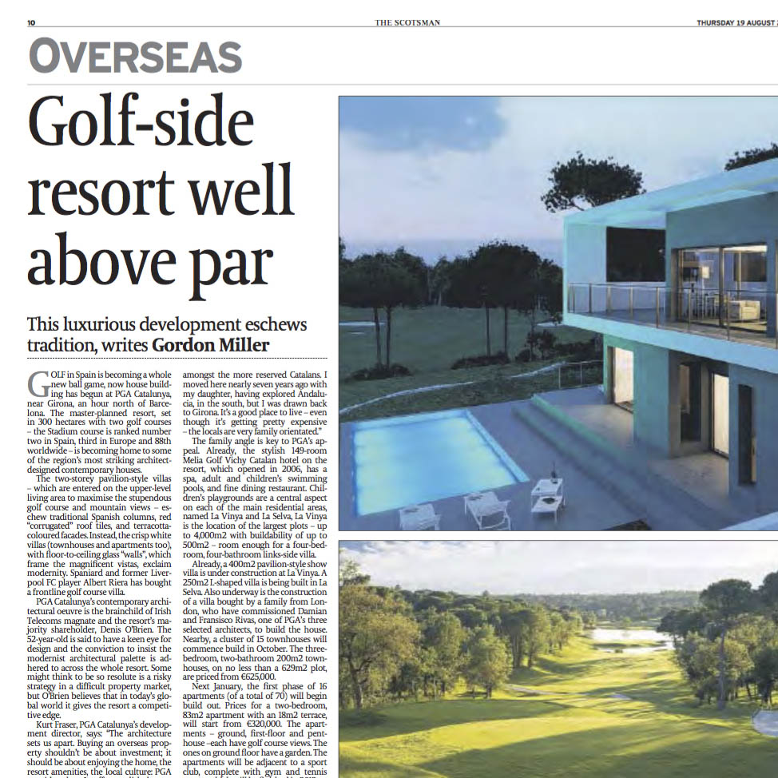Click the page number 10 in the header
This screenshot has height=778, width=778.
click(32, 22)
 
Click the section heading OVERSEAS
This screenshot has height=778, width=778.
click(135, 58)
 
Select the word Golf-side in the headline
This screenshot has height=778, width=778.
click(141, 123)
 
